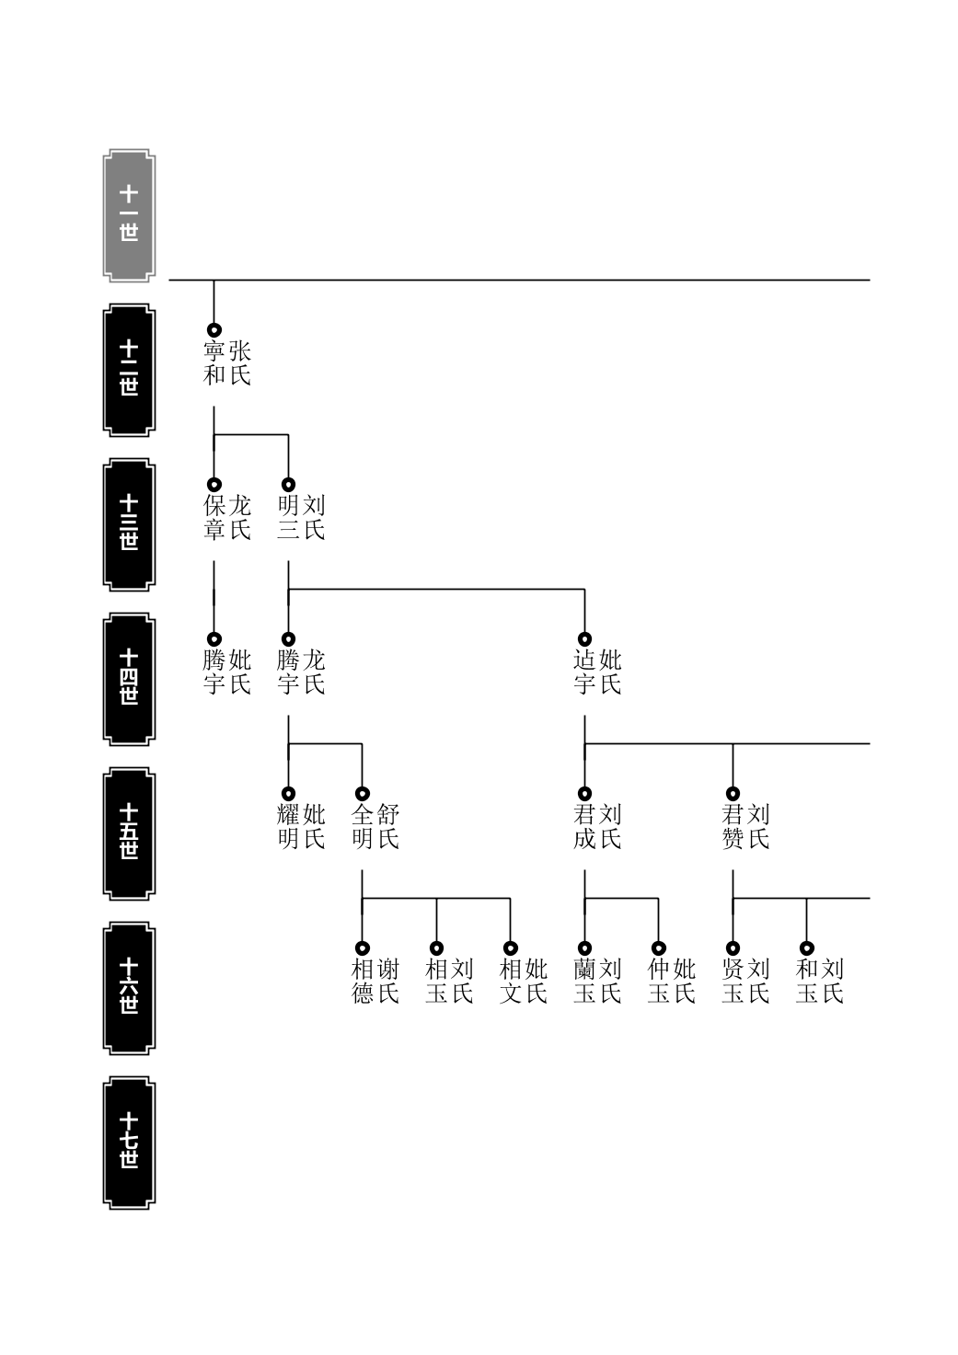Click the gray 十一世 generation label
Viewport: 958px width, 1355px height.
[129, 215]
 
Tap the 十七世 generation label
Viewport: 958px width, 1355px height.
[129, 1143]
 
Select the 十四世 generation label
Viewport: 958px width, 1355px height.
[129, 679]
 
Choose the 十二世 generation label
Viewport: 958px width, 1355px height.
[129, 370]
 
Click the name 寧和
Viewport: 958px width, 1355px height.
[214, 363]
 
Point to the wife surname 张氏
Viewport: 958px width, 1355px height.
[240, 363]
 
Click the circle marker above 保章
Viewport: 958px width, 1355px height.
[214, 485]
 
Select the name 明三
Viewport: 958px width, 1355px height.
[289, 518]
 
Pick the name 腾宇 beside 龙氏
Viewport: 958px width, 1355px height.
[289, 672]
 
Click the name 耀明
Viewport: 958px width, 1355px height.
[289, 827]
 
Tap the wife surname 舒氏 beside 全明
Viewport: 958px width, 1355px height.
[388, 827]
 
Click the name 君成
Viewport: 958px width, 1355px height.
[584, 827]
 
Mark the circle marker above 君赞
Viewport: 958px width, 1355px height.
[733, 794]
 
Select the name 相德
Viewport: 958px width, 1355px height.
[363, 982]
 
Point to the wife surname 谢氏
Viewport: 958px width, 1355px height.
[388, 982]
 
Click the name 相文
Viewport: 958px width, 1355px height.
[511, 982]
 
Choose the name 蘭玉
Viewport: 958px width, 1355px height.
[584, 982]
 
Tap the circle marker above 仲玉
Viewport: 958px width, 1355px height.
[658, 947]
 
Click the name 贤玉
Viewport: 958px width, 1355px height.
[733, 982]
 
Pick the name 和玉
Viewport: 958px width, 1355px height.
[807, 982]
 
